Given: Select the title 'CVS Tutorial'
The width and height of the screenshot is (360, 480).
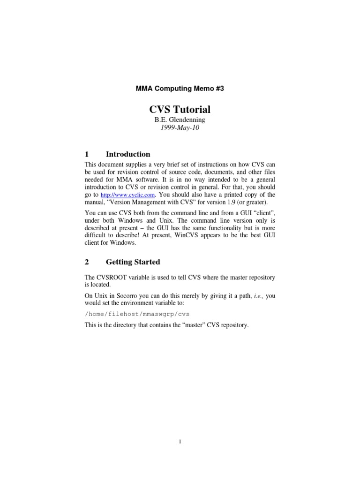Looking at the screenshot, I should coord(180,110).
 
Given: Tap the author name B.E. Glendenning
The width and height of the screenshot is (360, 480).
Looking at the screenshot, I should coord(180,120).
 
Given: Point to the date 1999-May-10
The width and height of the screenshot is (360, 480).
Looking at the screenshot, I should coord(180,128).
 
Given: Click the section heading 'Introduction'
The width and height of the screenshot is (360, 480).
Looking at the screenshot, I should coord(128,154).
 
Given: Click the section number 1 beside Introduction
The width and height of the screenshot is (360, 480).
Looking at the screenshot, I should coord(87,154).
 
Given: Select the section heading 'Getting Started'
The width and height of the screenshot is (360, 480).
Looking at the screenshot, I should coord(133,262).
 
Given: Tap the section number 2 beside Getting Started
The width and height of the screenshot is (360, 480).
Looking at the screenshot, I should coord(87,262).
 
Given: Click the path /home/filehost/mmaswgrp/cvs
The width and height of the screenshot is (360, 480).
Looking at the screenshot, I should coord(137,314).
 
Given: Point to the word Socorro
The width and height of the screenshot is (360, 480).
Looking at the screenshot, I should coord(131,296).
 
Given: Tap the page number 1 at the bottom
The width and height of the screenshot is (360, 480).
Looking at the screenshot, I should coord(180,441).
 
